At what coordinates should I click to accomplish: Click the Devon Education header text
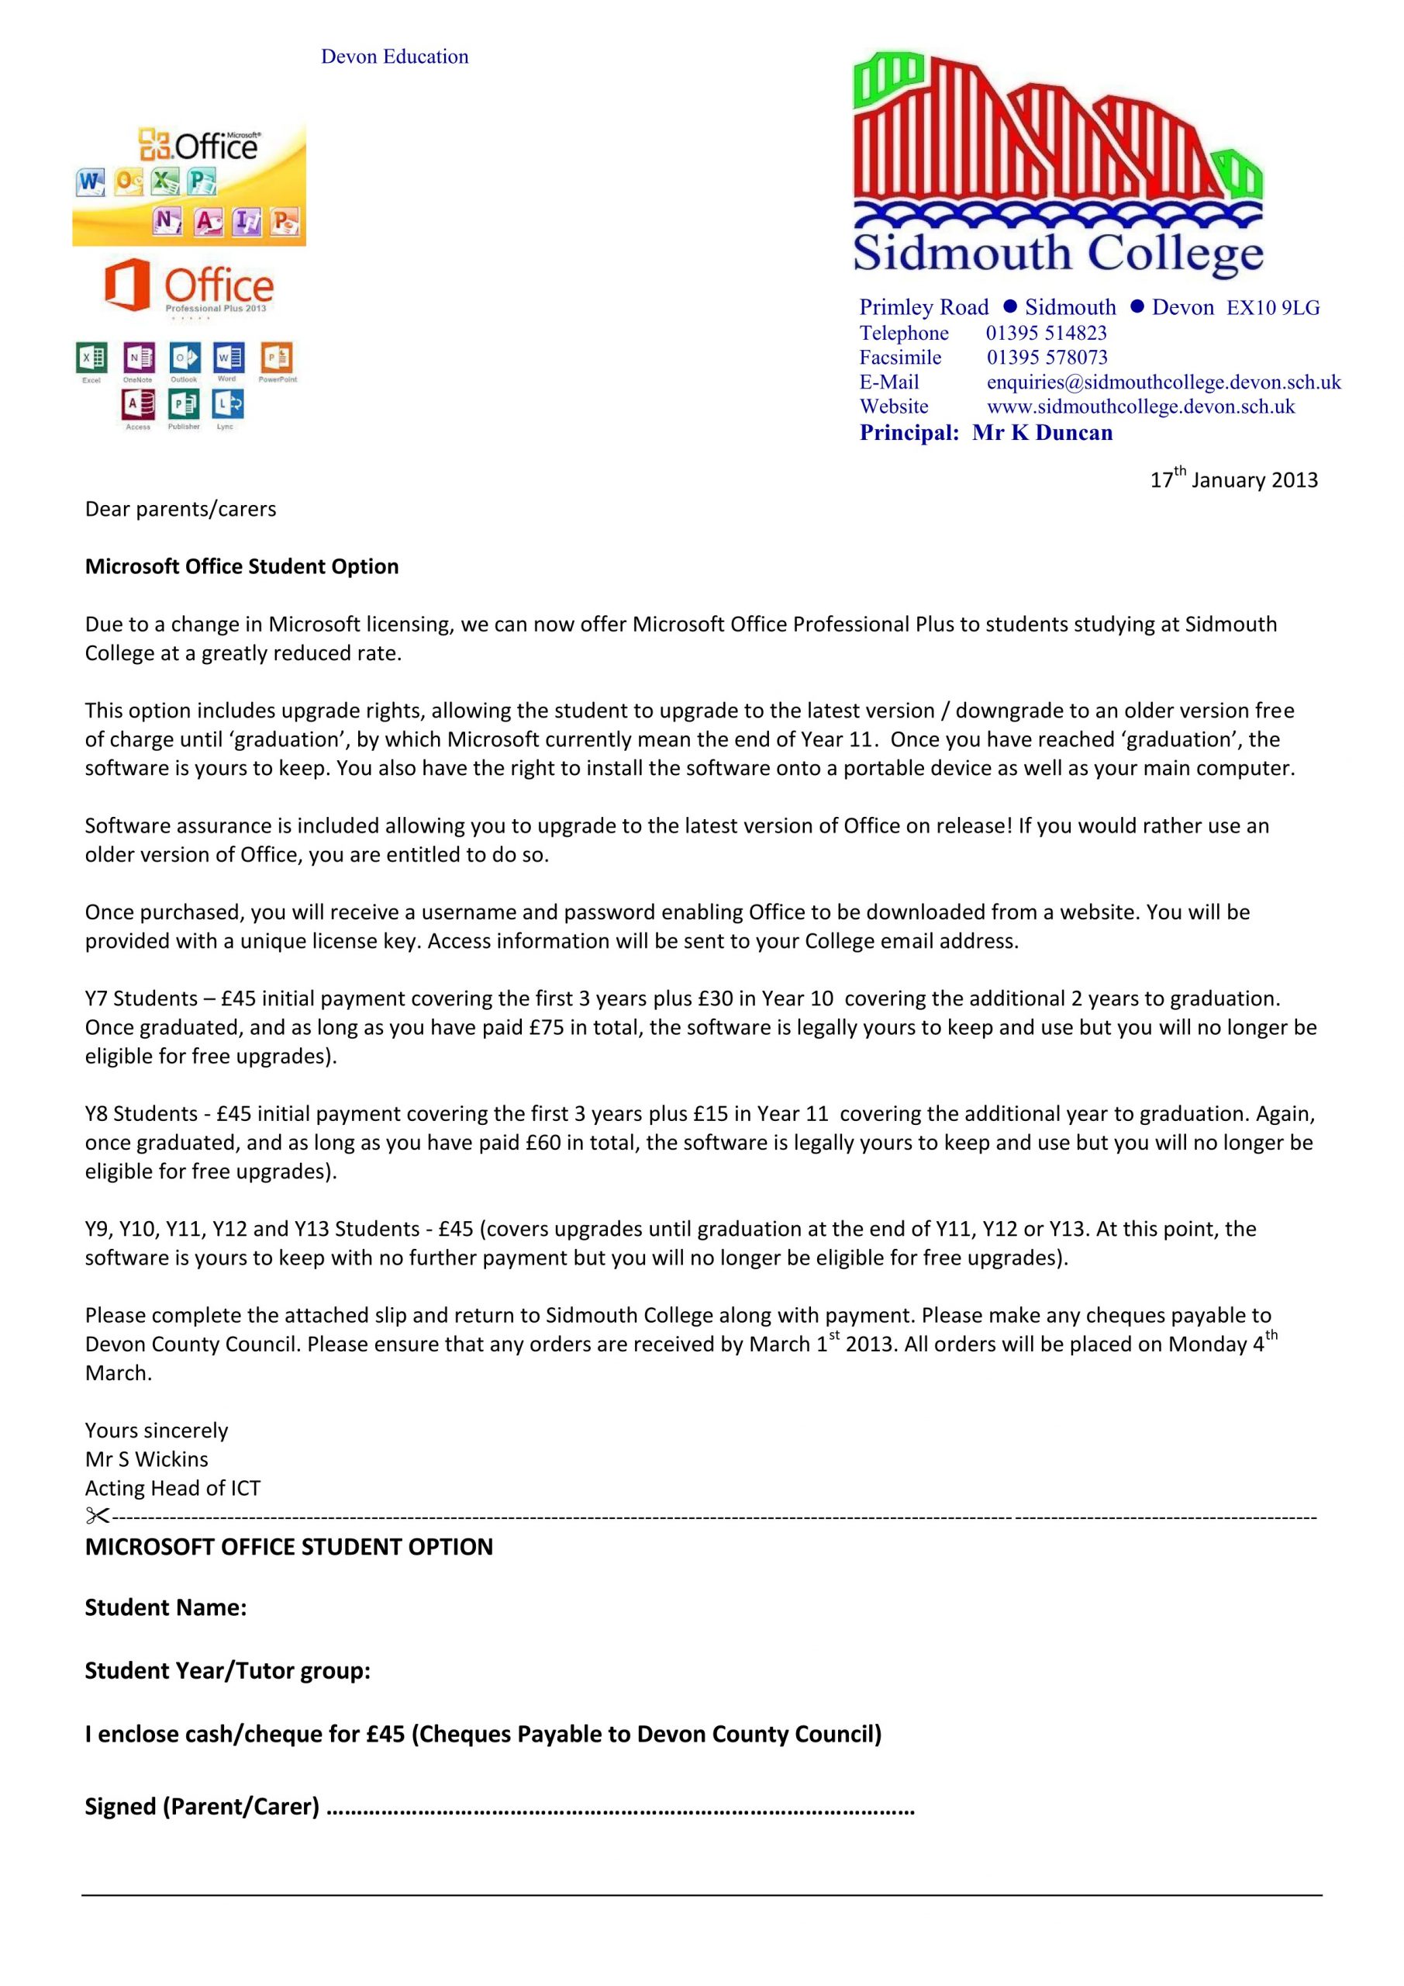pos(395,57)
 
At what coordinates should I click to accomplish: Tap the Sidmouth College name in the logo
pos(1057,253)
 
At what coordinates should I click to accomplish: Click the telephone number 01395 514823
pos(1046,333)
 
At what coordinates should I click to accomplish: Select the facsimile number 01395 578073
pos(1047,357)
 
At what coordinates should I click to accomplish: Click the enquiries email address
pos(1164,382)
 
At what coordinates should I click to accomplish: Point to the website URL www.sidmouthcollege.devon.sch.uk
pos(1140,407)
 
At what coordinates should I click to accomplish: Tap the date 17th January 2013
pos(1233,479)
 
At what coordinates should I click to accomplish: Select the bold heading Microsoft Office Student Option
pos(241,566)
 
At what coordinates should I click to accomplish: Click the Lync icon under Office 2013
pos(228,403)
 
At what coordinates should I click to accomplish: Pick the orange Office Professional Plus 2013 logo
pos(189,286)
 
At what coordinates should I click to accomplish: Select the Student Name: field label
pos(165,1607)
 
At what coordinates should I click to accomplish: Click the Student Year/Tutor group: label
pos(227,1670)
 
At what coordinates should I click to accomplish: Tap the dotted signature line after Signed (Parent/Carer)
pos(620,1807)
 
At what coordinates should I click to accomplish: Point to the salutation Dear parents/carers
pos(180,509)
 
